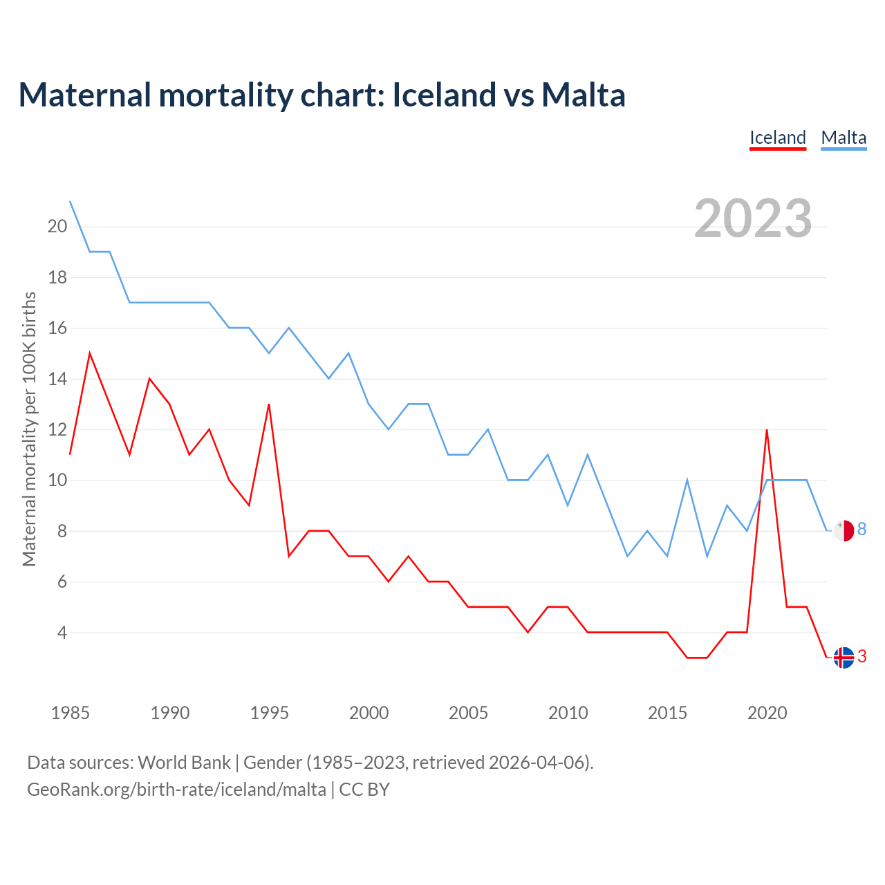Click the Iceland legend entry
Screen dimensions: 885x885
click(778, 138)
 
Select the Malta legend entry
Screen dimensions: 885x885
click(844, 138)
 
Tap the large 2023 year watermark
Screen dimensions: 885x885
click(753, 218)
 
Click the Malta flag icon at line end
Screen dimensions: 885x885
click(844, 530)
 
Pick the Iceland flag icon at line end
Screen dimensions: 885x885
click(844, 658)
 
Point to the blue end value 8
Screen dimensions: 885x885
click(862, 530)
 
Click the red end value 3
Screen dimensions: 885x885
click(862, 657)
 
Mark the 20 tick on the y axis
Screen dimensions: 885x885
click(57, 226)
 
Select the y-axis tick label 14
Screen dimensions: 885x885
click(57, 379)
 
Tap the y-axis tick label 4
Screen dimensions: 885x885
click(62, 633)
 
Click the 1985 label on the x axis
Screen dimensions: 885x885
click(70, 713)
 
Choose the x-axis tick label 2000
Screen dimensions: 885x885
click(369, 713)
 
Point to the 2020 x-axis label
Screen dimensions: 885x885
click(767, 713)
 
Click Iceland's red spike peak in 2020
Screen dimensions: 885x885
click(767, 430)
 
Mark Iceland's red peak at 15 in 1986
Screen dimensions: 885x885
click(90, 353)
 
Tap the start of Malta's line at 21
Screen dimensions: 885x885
click(71, 201)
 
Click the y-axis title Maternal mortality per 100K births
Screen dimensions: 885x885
click(29, 429)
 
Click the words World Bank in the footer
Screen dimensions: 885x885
click(184, 763)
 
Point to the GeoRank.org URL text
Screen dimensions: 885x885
click(176, 790)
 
